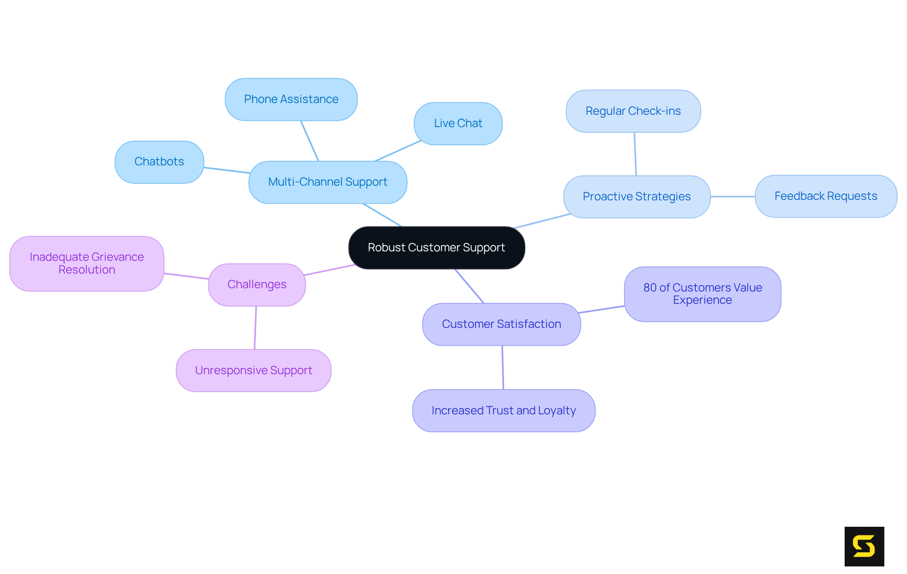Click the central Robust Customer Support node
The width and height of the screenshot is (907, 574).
pyautogui.click(x=436, y=248)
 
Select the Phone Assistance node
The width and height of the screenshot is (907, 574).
pyautogui.click(x=291, y=99)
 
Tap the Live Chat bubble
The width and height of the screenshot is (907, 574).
pyautogui.click(x=458, y=123)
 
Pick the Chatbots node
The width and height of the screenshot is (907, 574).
pyautogui.click(x=159, y=162)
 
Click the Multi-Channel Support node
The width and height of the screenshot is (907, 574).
pyautogui.click(x=327, y=182)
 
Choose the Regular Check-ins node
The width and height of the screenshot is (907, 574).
pyautogui.click(x=633, y=111)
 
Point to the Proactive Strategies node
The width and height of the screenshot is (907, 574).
pyautogui.click(x=636, y=197)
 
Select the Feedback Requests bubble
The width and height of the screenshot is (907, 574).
pyautogui.click(x=826, y=196)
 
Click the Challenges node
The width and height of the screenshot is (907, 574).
pyautogui.click(x=257, y=284)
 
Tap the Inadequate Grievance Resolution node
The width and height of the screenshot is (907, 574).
pyautogui.click(x=86, y=263)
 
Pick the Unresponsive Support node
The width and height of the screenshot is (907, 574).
pyautogui.click(x=253, y=370)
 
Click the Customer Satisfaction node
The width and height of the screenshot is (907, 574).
pyautogui.click(x=501, y=324)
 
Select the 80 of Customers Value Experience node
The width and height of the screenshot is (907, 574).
pyautogui.click(x=702, y=294)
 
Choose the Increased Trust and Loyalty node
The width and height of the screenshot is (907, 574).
pyautogui.click(x=504, y=411)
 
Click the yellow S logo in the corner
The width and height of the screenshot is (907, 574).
pyautogui.click(x=864, y=546)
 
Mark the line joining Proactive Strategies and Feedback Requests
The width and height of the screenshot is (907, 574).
pyautogui.click(x=733, y=197)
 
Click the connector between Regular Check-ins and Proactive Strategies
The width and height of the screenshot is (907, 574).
pyautogui.click(x=635, y=154)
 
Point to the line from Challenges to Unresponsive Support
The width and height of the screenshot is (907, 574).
pyautogui.click(x=256, y=328)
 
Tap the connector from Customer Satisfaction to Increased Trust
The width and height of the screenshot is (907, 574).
pyautogui.click(x=503, y=368)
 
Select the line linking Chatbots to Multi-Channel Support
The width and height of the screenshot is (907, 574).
pyautogui.click(x=227, y=170)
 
